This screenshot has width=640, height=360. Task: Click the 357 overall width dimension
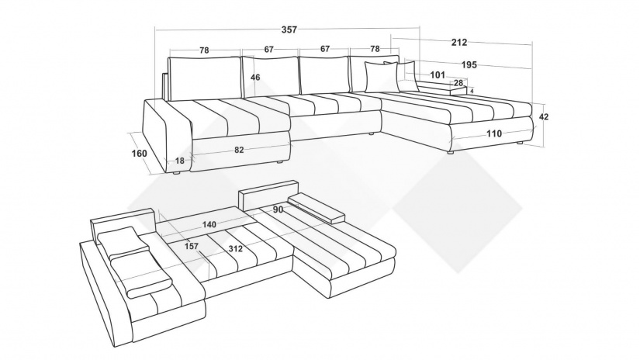point(289,29)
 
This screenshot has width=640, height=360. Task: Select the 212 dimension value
point(459,42)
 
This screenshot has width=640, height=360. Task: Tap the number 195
point(469,65)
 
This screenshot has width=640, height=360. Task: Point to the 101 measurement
point(438,75)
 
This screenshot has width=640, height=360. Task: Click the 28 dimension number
point(458,83)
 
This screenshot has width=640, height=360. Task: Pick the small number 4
point(472,91)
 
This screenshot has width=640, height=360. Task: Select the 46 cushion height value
point(255,77)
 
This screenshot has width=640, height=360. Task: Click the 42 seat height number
point(544,116)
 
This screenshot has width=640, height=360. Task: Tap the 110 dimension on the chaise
point(494,133)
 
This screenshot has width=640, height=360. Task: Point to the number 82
point(239,150)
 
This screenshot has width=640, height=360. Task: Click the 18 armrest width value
point(180,161)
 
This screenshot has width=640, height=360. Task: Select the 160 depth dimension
point(139,154)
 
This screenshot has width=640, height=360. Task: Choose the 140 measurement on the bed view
point(209,224)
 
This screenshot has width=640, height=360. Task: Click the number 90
point(278,209)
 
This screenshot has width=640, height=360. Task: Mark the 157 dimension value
point(192,246)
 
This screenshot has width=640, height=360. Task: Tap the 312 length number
point(236,248)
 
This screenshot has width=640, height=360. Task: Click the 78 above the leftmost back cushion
point(204,50)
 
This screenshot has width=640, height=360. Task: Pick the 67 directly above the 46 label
point(268,50)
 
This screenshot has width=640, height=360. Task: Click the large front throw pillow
point(382,77)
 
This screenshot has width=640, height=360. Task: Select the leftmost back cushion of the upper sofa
point(204,78)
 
